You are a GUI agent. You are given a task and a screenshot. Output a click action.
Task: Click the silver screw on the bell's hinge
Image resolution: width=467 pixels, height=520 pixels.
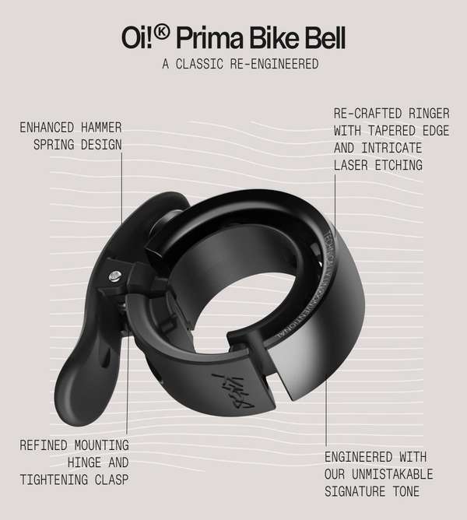115,274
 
